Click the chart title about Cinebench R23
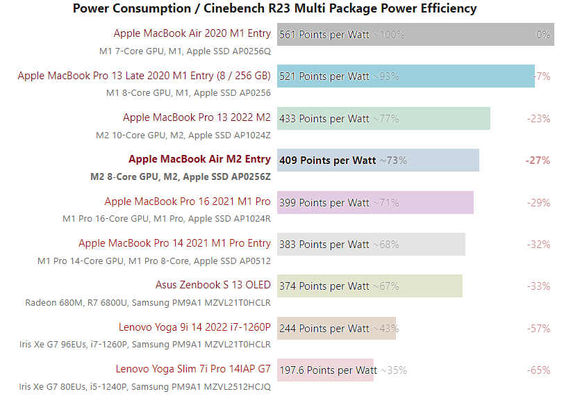(x=274, y=8)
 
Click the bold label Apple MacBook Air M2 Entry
(x=199, y=160)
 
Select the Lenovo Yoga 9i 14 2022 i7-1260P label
(x=194, y=327)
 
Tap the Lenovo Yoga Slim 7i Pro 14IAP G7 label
(x=193, y=369)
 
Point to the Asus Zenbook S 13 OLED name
(x=213, y=285)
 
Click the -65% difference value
(x=539, y=370)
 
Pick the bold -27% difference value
(x=538, y=161)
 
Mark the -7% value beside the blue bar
(x=542, y=76)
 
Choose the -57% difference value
(x=539, y=328)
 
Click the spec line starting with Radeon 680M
(x=148, y=303)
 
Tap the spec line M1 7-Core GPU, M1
(x=185, y=51)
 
